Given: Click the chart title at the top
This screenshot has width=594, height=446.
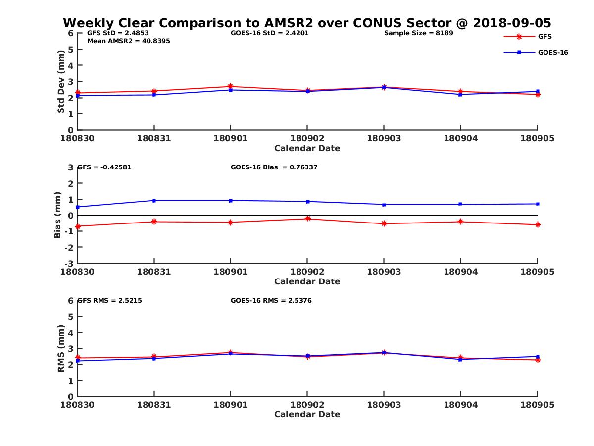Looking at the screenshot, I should [307, 23].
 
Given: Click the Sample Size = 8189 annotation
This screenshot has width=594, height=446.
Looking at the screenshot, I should [418, 33].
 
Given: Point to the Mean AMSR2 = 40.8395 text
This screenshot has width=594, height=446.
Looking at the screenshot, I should [128, 41].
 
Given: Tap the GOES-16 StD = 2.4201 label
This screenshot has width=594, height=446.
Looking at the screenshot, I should [270, 33].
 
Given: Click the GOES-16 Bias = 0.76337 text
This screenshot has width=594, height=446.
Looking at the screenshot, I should [274, 167].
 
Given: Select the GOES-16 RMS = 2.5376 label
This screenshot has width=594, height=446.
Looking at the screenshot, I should [271, 301].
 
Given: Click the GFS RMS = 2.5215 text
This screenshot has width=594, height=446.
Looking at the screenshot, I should [110, 301].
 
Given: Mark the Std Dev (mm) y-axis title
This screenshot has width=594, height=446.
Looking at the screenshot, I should [61, 82].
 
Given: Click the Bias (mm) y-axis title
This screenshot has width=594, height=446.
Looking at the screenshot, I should [58, 215].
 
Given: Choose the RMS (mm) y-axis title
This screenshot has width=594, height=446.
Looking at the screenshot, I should [61, 348].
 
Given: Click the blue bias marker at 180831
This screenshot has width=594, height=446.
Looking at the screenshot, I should [154, 201].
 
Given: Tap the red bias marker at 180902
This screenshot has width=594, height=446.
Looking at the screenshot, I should [307, 219].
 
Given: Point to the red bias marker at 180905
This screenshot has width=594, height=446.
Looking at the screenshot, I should [538, 225].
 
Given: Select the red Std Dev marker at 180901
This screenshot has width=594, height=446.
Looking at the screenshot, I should [231, 87].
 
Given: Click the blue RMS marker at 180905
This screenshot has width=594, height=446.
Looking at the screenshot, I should [538, 356].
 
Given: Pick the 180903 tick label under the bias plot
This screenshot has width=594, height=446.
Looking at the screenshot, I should [384, 272].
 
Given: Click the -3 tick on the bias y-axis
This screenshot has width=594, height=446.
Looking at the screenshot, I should [70, 263].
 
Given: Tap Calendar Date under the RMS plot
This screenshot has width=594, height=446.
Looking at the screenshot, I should [307, 414].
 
